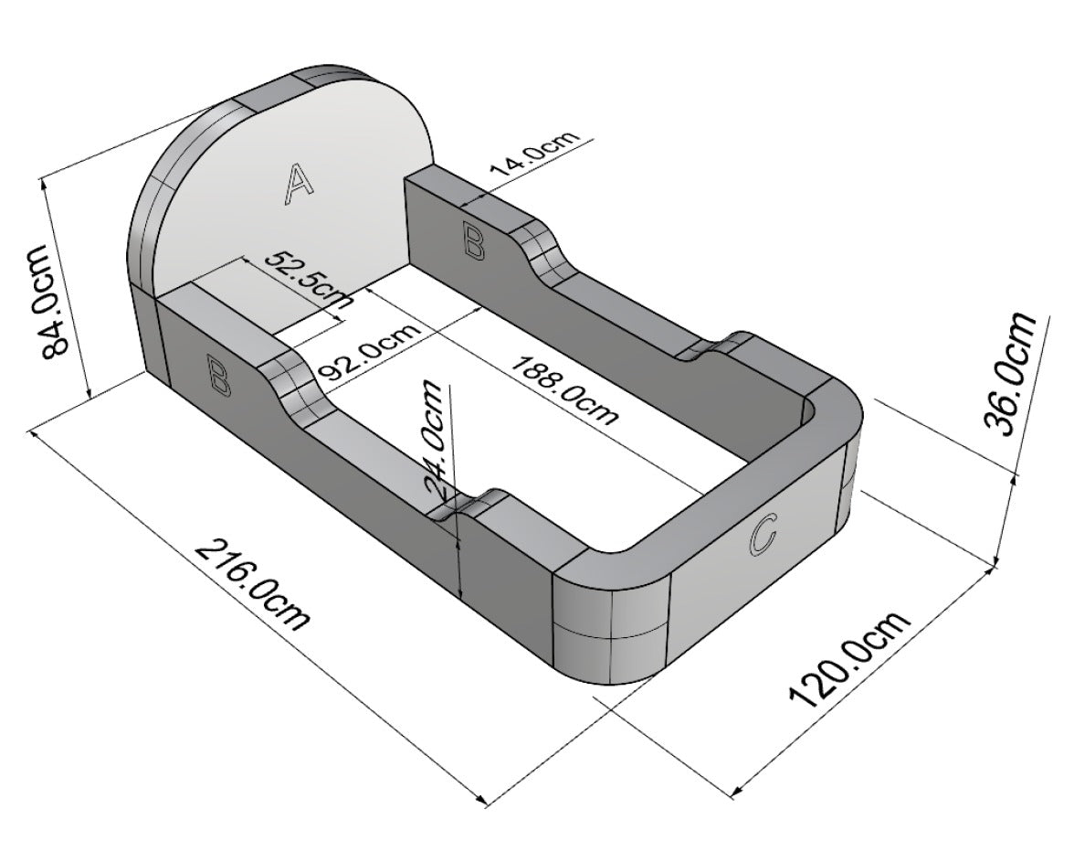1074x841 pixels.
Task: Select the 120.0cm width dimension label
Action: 849,659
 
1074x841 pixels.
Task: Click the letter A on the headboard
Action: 298,183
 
